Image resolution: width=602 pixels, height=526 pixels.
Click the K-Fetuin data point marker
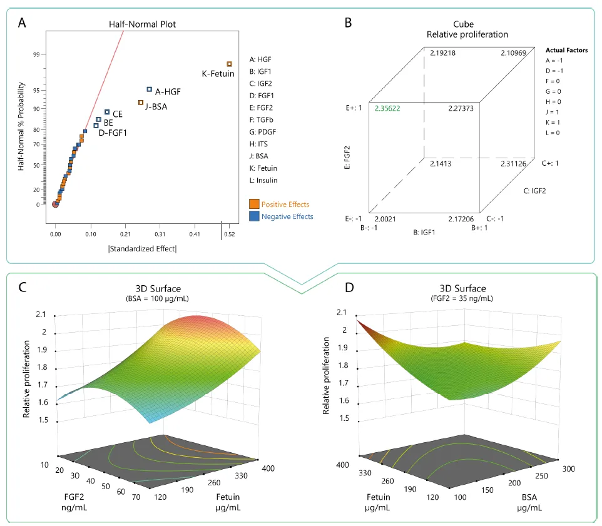230,64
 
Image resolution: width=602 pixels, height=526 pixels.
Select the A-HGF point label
168,91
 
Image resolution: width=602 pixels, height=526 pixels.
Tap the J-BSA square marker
141,103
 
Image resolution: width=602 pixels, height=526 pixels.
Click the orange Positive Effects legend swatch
254,205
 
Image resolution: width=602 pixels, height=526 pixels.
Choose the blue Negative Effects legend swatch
254,216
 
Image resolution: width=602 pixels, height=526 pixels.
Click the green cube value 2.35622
387,108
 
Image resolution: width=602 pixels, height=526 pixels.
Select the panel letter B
348,23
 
